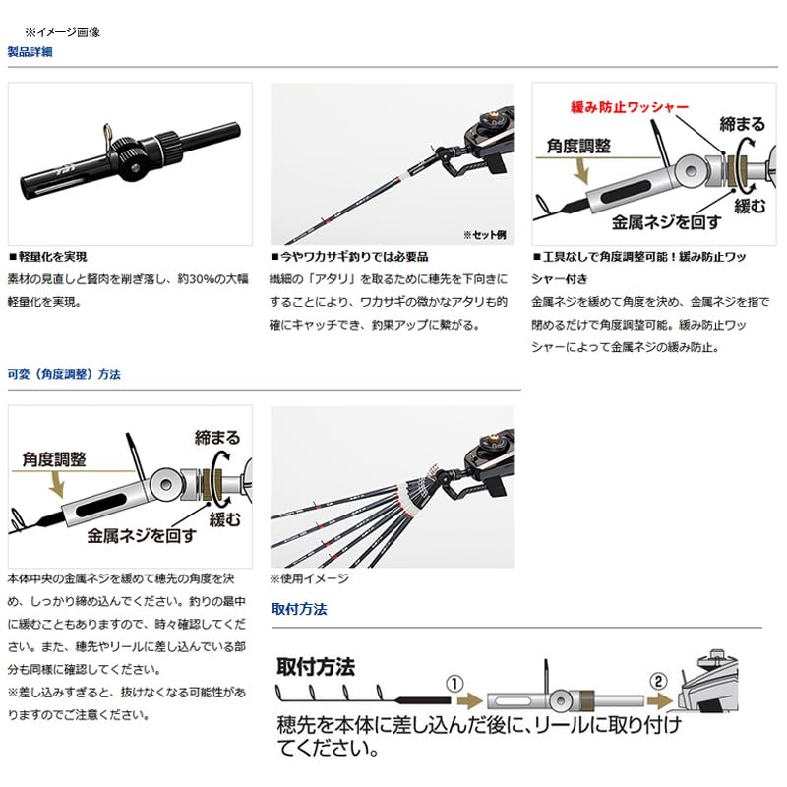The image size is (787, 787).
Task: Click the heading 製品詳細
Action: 30,51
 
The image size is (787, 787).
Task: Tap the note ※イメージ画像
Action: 62,31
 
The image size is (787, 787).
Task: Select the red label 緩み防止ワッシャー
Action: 630,106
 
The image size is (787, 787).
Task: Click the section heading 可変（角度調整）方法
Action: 64,374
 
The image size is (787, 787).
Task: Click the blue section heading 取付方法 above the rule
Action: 299,609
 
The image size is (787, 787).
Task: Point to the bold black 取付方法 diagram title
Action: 315,667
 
